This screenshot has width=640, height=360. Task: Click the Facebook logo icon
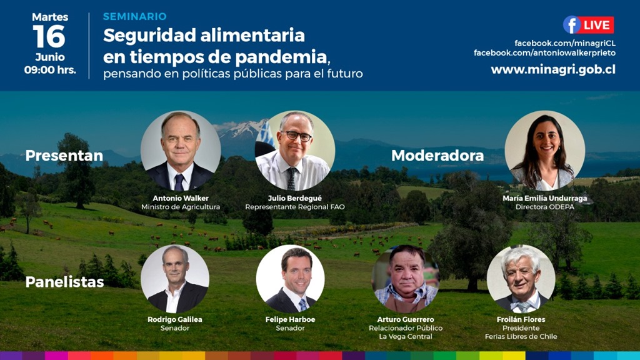click(571, 25)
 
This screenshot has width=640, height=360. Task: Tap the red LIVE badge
click(597, 25)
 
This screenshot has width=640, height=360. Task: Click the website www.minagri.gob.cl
click(553, 69)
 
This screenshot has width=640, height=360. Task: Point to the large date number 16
click(49, 37)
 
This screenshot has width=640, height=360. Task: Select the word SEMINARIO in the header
click(135, 16)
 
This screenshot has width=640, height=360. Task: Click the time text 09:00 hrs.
click(50, 70)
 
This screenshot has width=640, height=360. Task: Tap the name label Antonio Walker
click(181, 198)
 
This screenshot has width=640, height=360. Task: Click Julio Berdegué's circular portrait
click(295, 151)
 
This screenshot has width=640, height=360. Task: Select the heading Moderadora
click(437, 156)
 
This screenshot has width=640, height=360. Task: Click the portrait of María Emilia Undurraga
click(544, 151)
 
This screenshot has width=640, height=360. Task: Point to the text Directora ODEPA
click(544, 207)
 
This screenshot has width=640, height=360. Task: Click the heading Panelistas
click(64, 282)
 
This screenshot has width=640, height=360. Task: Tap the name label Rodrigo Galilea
click(175, 319)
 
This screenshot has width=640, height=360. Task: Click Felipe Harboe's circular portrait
click(290, 279)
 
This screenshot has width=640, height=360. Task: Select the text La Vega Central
click(405, 337)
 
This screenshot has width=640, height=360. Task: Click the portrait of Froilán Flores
click(521, 279)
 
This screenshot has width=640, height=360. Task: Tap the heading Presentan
click(64, 156)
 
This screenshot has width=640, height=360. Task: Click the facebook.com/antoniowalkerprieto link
click(544, 53)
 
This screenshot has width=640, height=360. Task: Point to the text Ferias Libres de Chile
click(521, 337)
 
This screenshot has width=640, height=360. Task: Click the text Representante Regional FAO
click(295, 207)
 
